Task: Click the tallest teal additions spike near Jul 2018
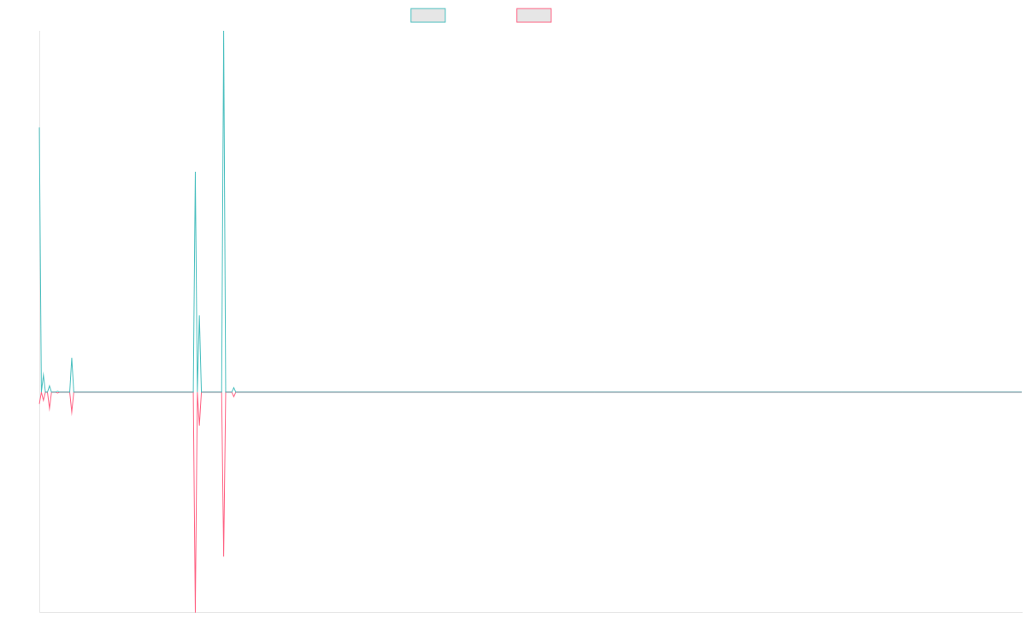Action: click(x=224, y=34)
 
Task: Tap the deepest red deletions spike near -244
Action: click(x=195, y=609)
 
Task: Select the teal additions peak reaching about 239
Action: click(x=195, y=173)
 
